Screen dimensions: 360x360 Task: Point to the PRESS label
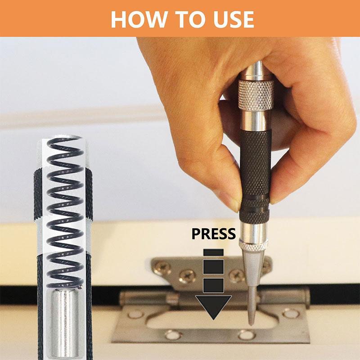214,234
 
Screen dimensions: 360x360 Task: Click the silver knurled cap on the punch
256,94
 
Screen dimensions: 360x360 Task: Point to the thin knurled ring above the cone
253,245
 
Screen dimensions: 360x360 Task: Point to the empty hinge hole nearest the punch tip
246,335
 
